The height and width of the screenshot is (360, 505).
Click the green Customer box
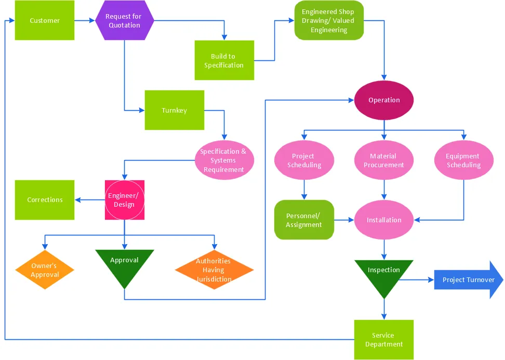click(x=45, y=20)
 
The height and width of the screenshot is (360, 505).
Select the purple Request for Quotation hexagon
click(x=125, y=20)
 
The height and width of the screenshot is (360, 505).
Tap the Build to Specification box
click(x=224, y=60)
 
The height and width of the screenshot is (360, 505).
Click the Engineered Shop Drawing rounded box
click(x=329, y=21)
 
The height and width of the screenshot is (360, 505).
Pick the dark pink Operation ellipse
click(x=384, y=100)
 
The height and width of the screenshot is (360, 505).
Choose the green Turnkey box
click(x=174, y=110)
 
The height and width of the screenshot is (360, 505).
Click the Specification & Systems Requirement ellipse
click(x=223, y=161)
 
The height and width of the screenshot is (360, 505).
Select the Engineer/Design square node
click(x=124, y=200)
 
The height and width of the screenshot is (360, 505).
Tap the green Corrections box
click(x=45, y=200)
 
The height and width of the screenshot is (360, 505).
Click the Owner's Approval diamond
click(x=45, y=270)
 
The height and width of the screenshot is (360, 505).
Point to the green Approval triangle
click(x=125, y=264)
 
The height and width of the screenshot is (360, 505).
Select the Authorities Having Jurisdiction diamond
click(x=214, y=270)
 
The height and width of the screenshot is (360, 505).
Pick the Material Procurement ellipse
click(x=384, y=161)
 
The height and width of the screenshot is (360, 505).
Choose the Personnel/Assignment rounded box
click(x=304, y=220)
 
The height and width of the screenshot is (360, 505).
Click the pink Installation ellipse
click(x=384, y=220)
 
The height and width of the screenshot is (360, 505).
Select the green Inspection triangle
click(x=384, y=274)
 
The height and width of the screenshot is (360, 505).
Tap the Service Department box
click(x=384, y=339)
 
